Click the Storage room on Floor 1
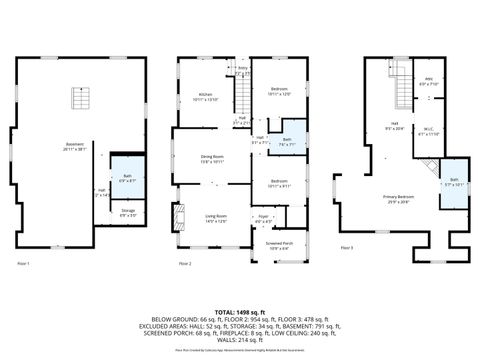pos(128,213)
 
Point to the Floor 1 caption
pos(23,263)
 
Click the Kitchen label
pos(203,97)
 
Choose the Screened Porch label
pos(279,244)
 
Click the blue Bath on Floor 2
pos(286,142)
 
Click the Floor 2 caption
pos(184,263)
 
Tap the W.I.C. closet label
pos(426,133)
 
